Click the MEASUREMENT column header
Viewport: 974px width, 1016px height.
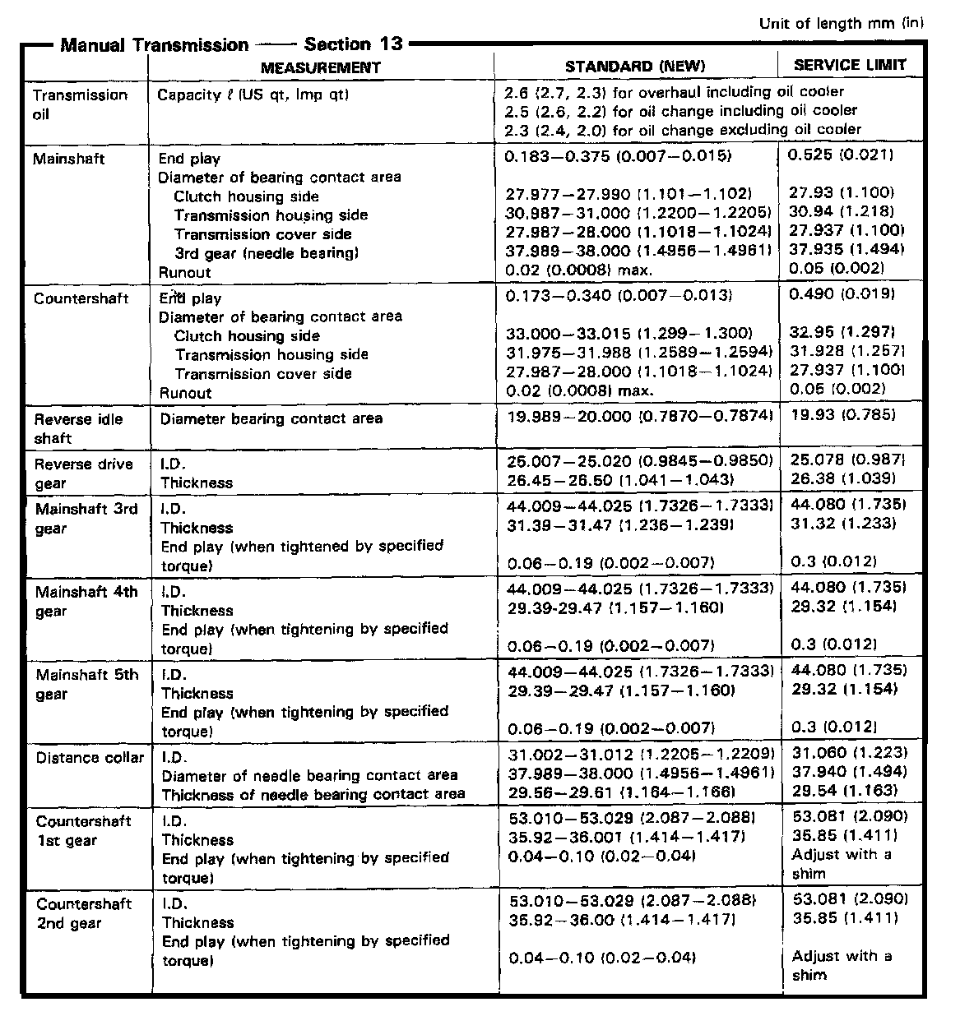point(321,67)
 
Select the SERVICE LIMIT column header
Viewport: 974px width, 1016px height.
point(850,65)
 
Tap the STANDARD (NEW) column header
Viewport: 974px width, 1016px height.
point(634,67)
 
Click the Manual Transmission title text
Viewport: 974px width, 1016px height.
point(154,45)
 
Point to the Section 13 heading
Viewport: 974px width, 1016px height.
point(354,44)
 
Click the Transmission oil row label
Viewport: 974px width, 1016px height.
point(80,104)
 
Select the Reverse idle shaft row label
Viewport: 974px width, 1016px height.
point(78,428)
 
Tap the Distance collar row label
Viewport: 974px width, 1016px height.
point(90,758)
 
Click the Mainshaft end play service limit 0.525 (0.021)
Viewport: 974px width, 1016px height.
point(841,155)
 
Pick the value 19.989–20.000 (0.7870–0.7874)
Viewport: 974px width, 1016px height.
point(641,418)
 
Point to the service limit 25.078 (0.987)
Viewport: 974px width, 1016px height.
point(847,460)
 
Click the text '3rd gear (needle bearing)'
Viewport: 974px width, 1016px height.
point(266,253)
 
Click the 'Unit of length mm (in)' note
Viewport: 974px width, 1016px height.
point(841,23)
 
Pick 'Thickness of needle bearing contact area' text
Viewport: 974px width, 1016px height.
point(313,795)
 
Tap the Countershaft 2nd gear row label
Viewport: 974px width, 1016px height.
point(83,913)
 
